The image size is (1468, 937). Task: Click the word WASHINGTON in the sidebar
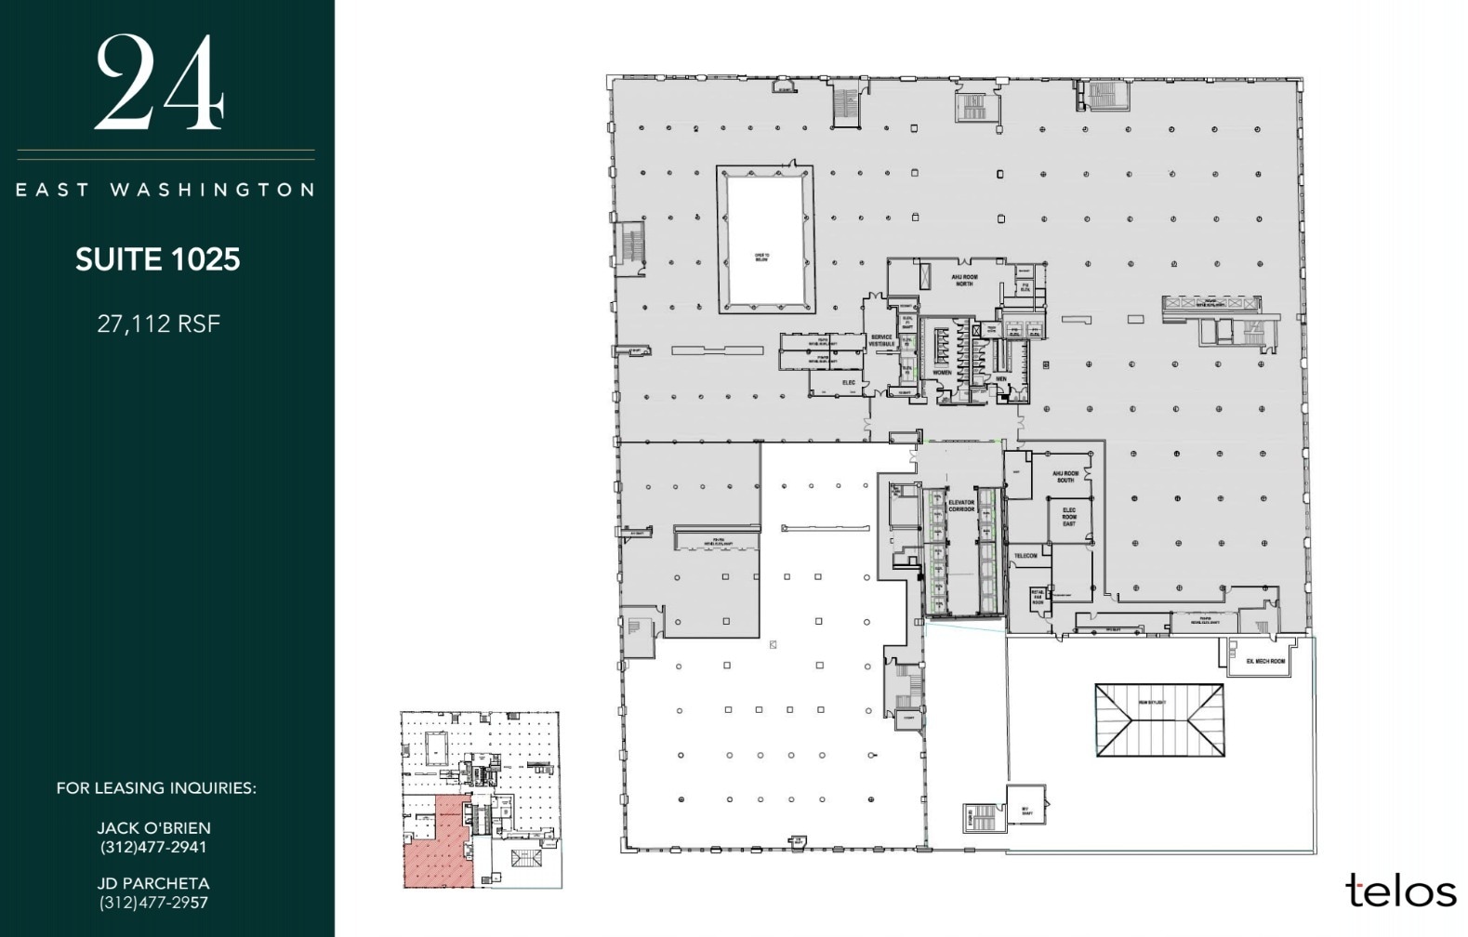pos(213,190)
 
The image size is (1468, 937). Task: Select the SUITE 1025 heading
pos(158,259)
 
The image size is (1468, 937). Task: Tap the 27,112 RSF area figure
pos(158,323)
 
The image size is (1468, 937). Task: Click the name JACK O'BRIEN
pos(154,827)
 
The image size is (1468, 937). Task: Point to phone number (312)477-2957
pos(154,903)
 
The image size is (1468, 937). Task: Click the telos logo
pos(1400,890)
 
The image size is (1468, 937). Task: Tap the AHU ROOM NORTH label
pos(963,280)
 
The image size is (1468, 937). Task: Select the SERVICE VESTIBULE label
pos(881,341)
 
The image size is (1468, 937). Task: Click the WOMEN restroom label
pos(942,373)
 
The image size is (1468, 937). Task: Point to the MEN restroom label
pos(1001,379)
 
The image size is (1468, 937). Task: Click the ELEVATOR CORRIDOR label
pos(961,506)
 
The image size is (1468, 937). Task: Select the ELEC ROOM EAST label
pos(1069,517)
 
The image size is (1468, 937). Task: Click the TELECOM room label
pos(1025,556)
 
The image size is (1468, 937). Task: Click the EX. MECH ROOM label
pos(1264,662)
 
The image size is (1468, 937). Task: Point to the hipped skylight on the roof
pos(1158,720)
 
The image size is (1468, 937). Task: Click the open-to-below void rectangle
pos(764,240)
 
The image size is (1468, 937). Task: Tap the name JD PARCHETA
pos(154,883)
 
